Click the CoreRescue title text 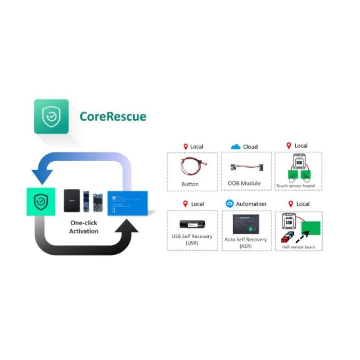click(x=113, y=117)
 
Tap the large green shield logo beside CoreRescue click(x=51, y=117)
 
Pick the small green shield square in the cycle click(x=41, y=201)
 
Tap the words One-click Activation click(x=83, y=227)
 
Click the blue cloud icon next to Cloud click(x=235, y=147)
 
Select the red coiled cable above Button click(x=192, y=166)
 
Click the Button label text click(x=190, y=184)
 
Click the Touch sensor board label click(x=296, y=185)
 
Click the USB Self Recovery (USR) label click(x=192, y=240)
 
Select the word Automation click(x=251, y=204)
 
